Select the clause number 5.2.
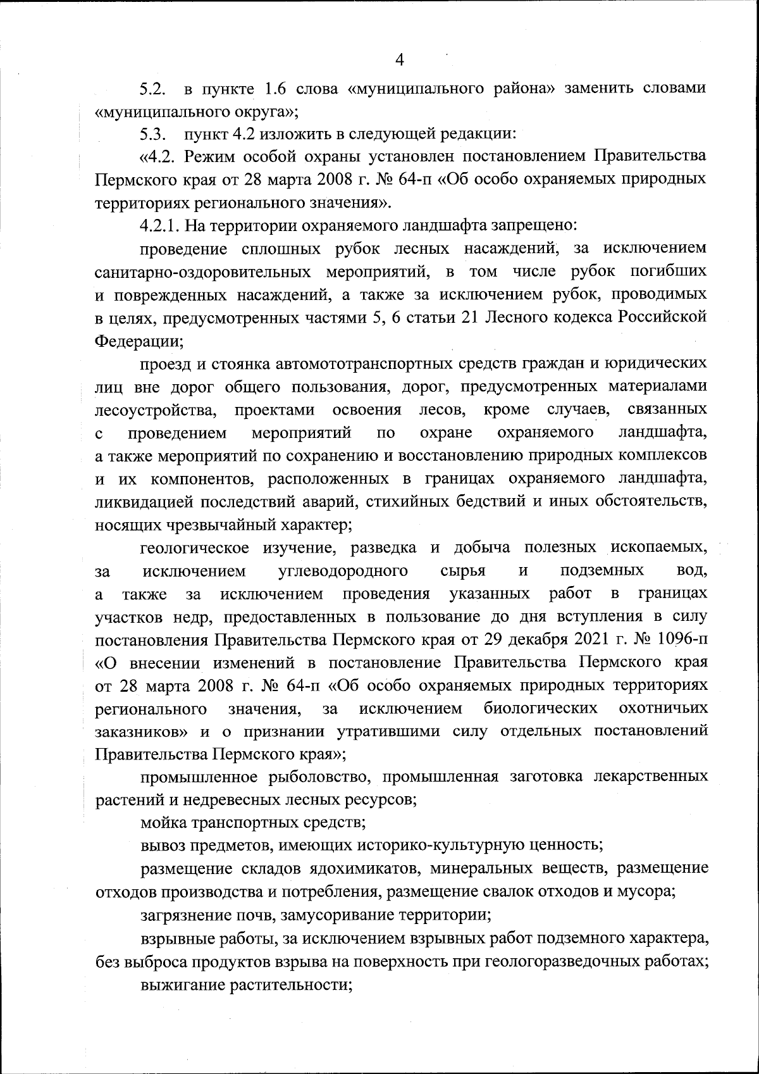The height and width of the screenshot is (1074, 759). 152,89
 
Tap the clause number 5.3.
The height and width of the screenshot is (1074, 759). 152,134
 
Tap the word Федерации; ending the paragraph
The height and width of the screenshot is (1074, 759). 139,340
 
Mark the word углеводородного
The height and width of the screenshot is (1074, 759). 343,571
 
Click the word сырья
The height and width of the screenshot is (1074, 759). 462,571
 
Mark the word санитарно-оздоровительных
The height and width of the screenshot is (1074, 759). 202,272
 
